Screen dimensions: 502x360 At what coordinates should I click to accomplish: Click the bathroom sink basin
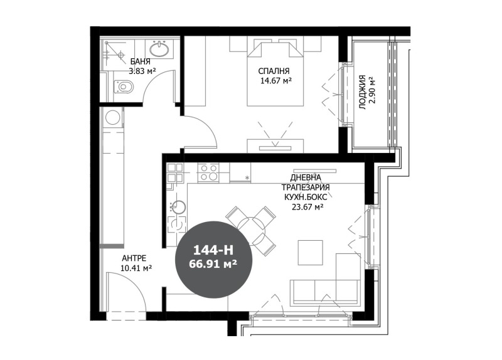[160, 50]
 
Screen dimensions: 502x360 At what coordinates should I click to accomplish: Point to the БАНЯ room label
[140, 61]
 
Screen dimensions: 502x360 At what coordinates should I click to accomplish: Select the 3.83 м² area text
[142, 71]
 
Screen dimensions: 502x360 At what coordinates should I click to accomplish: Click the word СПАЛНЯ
[274, 71]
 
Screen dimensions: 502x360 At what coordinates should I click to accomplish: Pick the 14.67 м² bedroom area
[276, 81]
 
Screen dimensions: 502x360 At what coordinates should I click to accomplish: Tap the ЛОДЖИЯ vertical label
[362, 92]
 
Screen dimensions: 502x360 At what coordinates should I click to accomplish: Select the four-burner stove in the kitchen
[208, 173]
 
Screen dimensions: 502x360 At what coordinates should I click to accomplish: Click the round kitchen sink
[177, 207]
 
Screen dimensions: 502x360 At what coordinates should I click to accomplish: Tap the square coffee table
[310, 253]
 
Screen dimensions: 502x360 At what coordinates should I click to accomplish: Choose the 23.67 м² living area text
[307, 207]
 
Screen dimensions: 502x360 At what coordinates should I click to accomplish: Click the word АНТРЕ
[134, 258]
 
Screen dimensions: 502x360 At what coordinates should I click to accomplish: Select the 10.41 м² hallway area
[136, 268]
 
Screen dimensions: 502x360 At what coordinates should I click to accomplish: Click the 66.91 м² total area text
[213, 263]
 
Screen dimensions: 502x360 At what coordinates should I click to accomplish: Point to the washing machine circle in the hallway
[112, 117]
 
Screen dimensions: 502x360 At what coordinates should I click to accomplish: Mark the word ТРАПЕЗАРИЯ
[306, 187]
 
